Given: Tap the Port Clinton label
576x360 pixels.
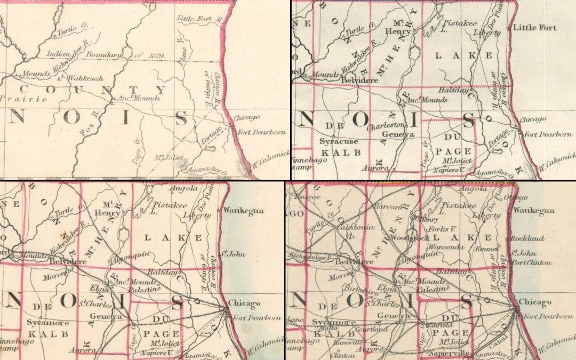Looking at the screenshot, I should tap(531, 262).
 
